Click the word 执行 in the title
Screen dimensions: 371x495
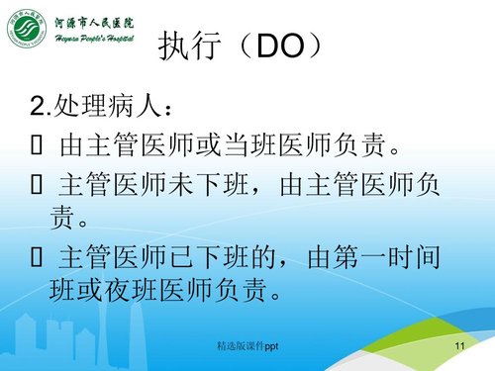191,47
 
